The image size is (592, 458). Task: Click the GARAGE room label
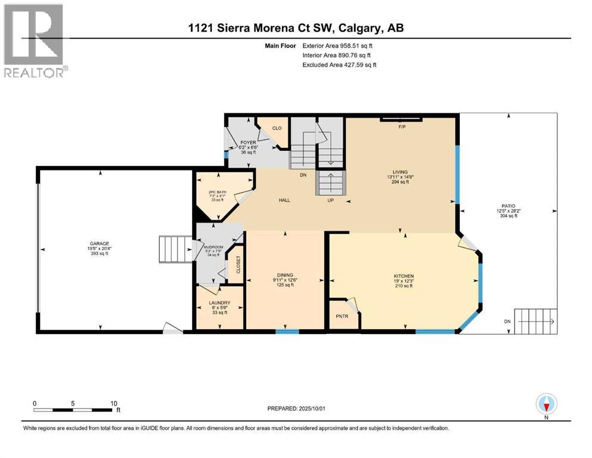point(100,243)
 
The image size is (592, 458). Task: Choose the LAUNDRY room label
point(219,302)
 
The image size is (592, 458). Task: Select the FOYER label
point(248,143)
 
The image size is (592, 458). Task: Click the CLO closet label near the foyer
point(277,128)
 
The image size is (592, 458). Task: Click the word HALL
point(284,200)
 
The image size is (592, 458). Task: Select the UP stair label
point(331,200)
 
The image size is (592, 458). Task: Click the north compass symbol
point(546,405)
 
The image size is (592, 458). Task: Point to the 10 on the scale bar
point(113,403)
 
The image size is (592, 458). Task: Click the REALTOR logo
point(35,41)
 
